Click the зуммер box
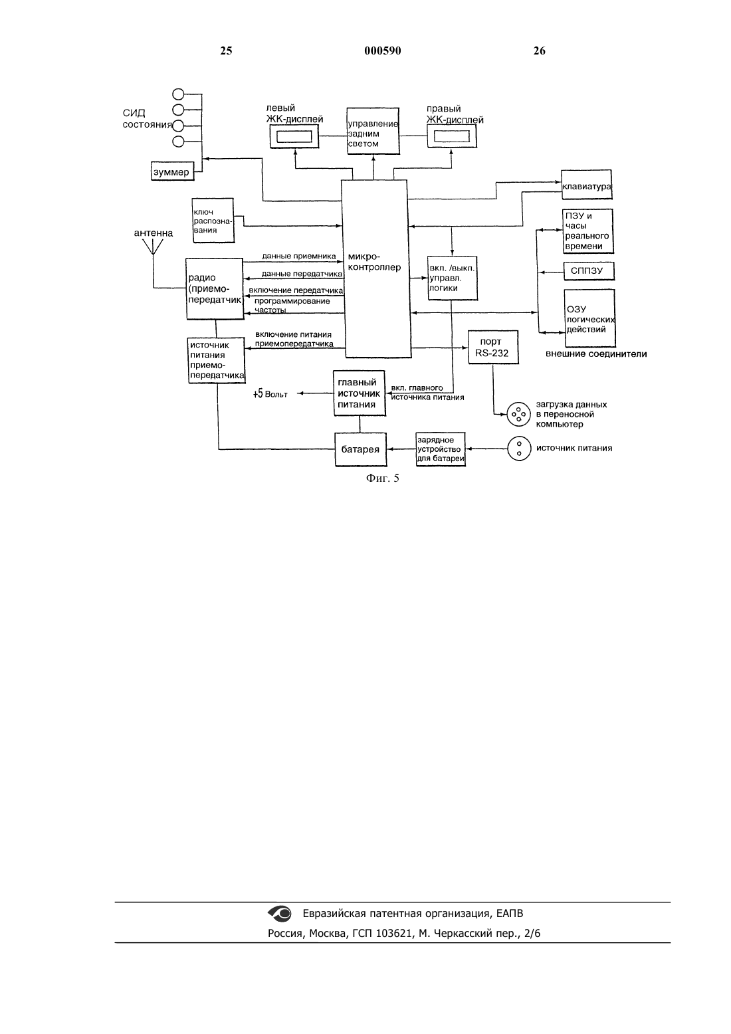(173, 171)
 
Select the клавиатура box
(587, 185)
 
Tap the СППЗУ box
(589, 271)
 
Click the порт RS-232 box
(493, 347)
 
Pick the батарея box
(360, 449)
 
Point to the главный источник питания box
(359, 393)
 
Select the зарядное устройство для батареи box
(440, 449)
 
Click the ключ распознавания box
(213, 221)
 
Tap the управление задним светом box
(373, 131)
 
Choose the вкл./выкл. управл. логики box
(453, 278)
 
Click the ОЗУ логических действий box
(590, 318)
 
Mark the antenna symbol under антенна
(153, 247)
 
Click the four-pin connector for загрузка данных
(519, 414)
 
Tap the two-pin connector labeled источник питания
(519, 449)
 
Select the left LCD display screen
(294, 137)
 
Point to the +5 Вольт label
(270, 394)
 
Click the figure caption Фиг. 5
(383, 478)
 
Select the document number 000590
(383, 51)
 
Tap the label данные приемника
(299, 257)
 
